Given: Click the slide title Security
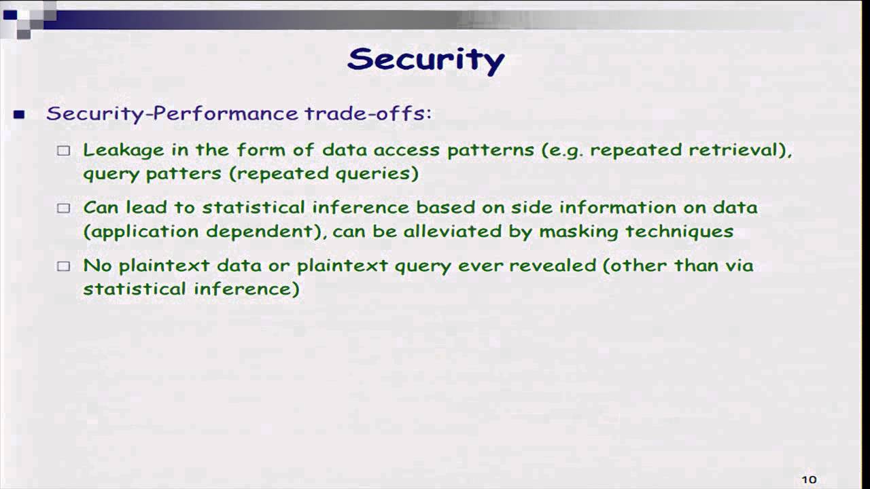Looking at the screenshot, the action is click(425, 60).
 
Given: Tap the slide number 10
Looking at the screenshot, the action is click(809, 479).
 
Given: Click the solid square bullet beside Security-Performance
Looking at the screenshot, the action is click(19, 115).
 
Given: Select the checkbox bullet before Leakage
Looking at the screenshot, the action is click(64, 151).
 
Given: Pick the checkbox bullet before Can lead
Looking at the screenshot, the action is click(64, 209).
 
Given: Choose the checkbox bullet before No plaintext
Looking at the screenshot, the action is click(64, 266).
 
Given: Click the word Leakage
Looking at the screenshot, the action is click(124, 151).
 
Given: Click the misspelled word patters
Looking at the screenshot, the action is click(184, 174).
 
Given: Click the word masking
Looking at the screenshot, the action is click(578, 232).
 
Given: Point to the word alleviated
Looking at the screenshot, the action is click(453, 232).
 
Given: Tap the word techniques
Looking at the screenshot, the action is click(679, 232).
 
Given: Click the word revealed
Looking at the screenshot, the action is click(553, 266).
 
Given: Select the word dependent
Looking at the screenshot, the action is click(260, 232).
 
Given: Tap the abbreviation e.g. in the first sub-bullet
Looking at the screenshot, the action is click(566, 151).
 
